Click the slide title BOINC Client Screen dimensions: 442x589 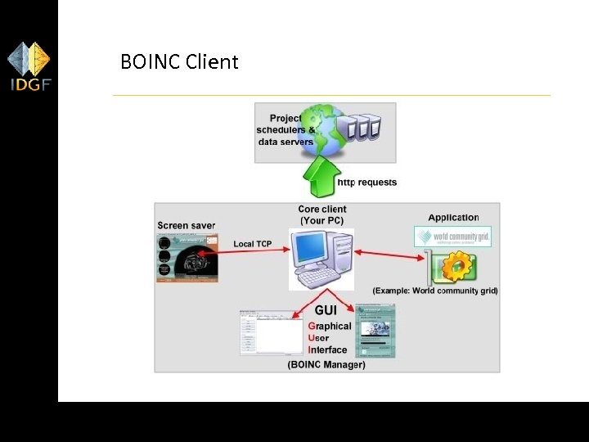[x=179, y=61]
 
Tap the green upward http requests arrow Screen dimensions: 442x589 [x=319, y=175]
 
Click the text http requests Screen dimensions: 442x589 [x=367, y=183]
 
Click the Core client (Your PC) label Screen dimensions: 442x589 [x=322, y=214]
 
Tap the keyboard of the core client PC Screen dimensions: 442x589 [x=319, y=278]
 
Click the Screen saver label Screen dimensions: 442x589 [x=186, y=225]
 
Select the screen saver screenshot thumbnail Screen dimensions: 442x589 [x=188, y=258]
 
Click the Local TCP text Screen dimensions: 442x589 [x=253, y=244]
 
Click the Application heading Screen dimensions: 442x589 [x=453, y=218]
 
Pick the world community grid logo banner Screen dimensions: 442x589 [x=452, y=237]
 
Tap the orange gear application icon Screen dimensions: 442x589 [x=456, y=267]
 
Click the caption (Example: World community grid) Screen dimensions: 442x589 [x=435, y=291]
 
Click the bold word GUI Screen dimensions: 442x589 [x=326, y=311]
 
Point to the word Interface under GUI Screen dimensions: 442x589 [x=328, y=350]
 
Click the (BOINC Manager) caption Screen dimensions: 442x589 [x=326, y=364]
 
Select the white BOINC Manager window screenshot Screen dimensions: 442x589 [x=271, y=333]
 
